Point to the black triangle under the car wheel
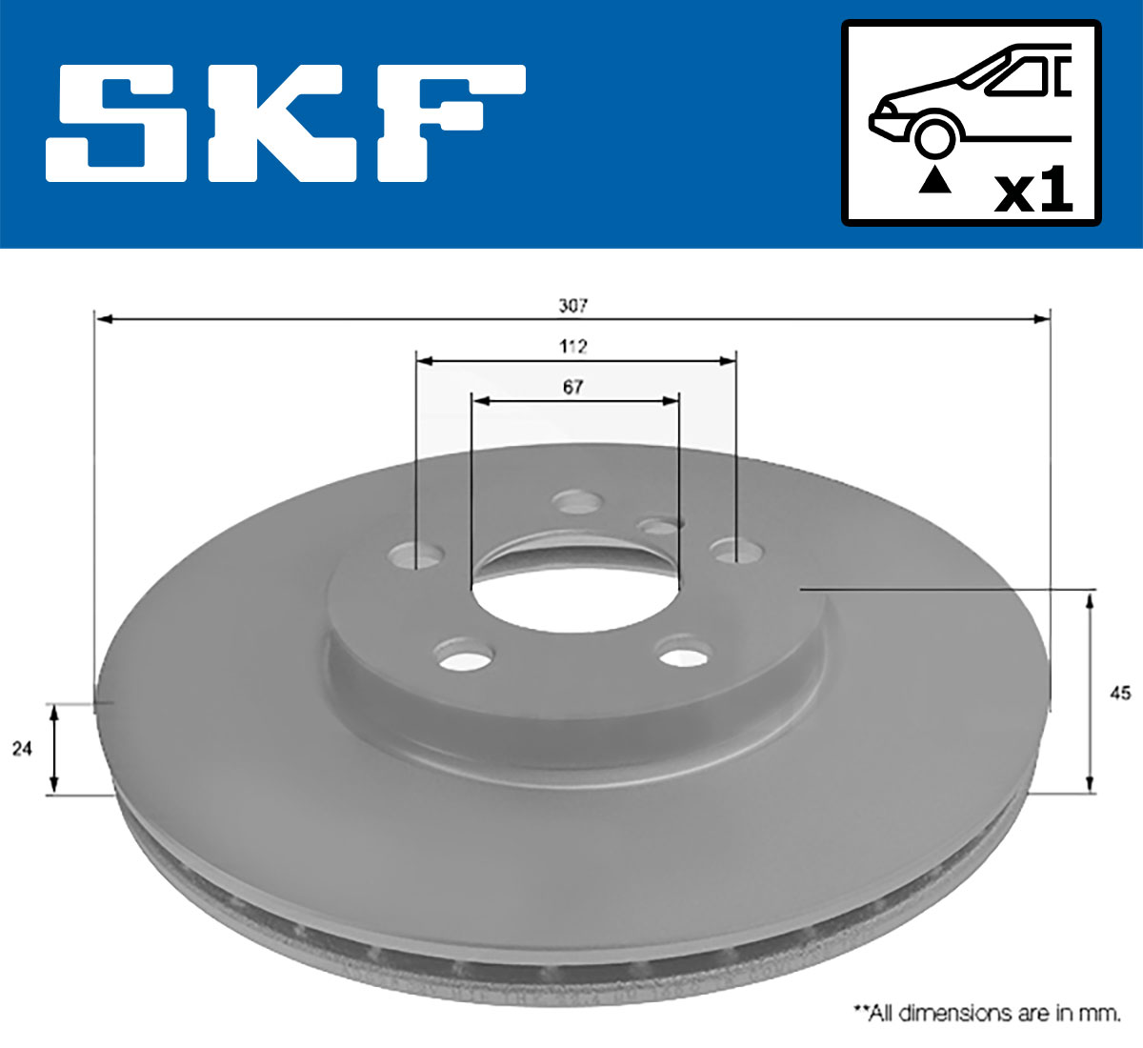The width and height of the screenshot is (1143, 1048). click(x=934, y=180)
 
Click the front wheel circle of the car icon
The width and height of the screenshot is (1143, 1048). click(x=934, y=137)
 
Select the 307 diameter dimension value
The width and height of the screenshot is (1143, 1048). click(x=572, y=306)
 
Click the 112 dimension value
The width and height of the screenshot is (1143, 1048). click(x=572, y=346)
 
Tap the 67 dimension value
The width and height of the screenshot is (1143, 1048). click(x=572, y=387)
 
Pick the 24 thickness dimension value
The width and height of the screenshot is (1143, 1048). click(x=22, y=749)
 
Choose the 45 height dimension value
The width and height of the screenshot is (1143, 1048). click(x=1120, y=693)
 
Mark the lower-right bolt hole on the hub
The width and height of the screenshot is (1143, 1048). click(x=685, y=655)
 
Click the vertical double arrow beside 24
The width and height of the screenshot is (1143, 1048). click(x=54, y=749)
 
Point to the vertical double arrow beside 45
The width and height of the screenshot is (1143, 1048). click(x=1090, y=692)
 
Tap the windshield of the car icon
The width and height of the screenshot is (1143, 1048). click(x=1022, y=77)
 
